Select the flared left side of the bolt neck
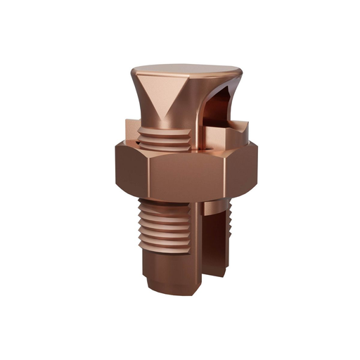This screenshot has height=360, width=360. [x=143, y=105]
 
